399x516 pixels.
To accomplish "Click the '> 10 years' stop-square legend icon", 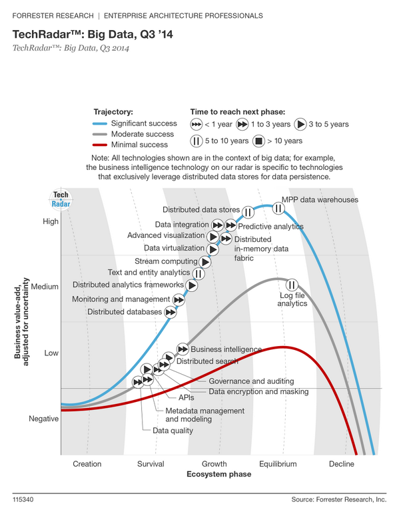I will click(x=258, y=141).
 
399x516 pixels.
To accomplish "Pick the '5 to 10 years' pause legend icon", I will click(x=197, y=141).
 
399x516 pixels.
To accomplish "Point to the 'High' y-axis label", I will click(x=51, y=222).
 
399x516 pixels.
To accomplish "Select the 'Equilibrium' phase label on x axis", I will click(x=278, y=464).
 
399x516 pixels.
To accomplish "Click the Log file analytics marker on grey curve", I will click(x=291, y=287).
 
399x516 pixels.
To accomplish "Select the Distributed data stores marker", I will click(x=248, y=212).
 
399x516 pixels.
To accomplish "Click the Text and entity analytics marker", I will click(x=199, y=273).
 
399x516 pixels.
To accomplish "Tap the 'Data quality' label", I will click(x=173, y=431).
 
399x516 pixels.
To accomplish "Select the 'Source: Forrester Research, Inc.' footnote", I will click(x=338, y=499).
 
